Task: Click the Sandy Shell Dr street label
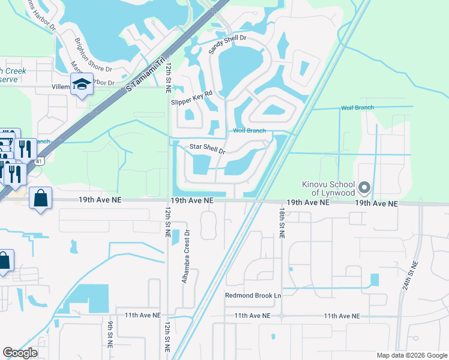(x=228, y=45)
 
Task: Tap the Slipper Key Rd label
(x=192, y=98)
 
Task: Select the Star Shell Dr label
(x=207, y=148)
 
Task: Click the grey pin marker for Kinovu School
(x=364, y=188)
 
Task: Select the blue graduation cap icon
(x=82, y=85)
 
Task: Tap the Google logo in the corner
(x=20, y=353)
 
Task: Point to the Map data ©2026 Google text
(x=412, y=355)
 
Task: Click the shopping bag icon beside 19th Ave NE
(x=41, y=199)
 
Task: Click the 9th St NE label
(x=110, y=334)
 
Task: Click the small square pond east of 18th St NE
(x=375, y=280)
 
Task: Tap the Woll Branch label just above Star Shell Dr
(x=249, y=131)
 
